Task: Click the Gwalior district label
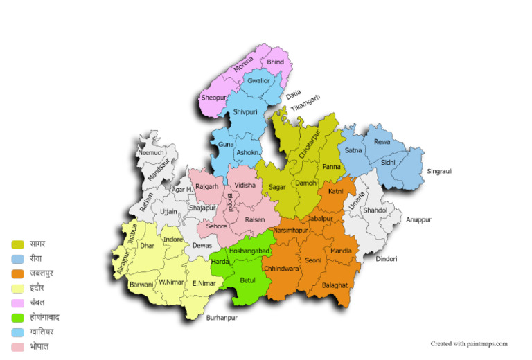pyautogui.click(x=258, y=81)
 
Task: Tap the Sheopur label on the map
pyautogui.click(x=213, y=98)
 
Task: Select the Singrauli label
pyautogui.click(x=439, y=171)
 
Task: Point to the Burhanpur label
pyautogui.click(x=222, y=318)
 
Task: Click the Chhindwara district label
pyautogui.click(x=281, y=269)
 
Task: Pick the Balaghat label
pyautogui.click(x=335, y=285)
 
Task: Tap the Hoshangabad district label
pyautogui.click(x=249, y=251)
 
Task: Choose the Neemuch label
pyautogui.click(x=151, y=152)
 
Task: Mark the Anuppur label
pyautogui.click(x=418, y=219)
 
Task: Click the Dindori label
pyautogui.click(x=387, y=259)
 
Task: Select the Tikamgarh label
pyautogui.click(x=305, y=105)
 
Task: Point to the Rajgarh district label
pyautogui.click(x=207, y=186)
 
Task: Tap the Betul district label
pyautogui.click(x=247, y=280)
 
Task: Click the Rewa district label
pyautogui.click(x=382, y=142)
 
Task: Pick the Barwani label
pyautogui.click(x=141, y=284)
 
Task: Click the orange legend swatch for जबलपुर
pyautogui.click(x=18, y=273)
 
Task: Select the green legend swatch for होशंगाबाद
pyautogui.click(x=18, y=317)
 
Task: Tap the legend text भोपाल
pyautogui.click(x=39, y=346)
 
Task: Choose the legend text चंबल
pyautogui.click(x=38, y=303)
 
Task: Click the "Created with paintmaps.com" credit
pyautogui.click(x=469, y=343)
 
